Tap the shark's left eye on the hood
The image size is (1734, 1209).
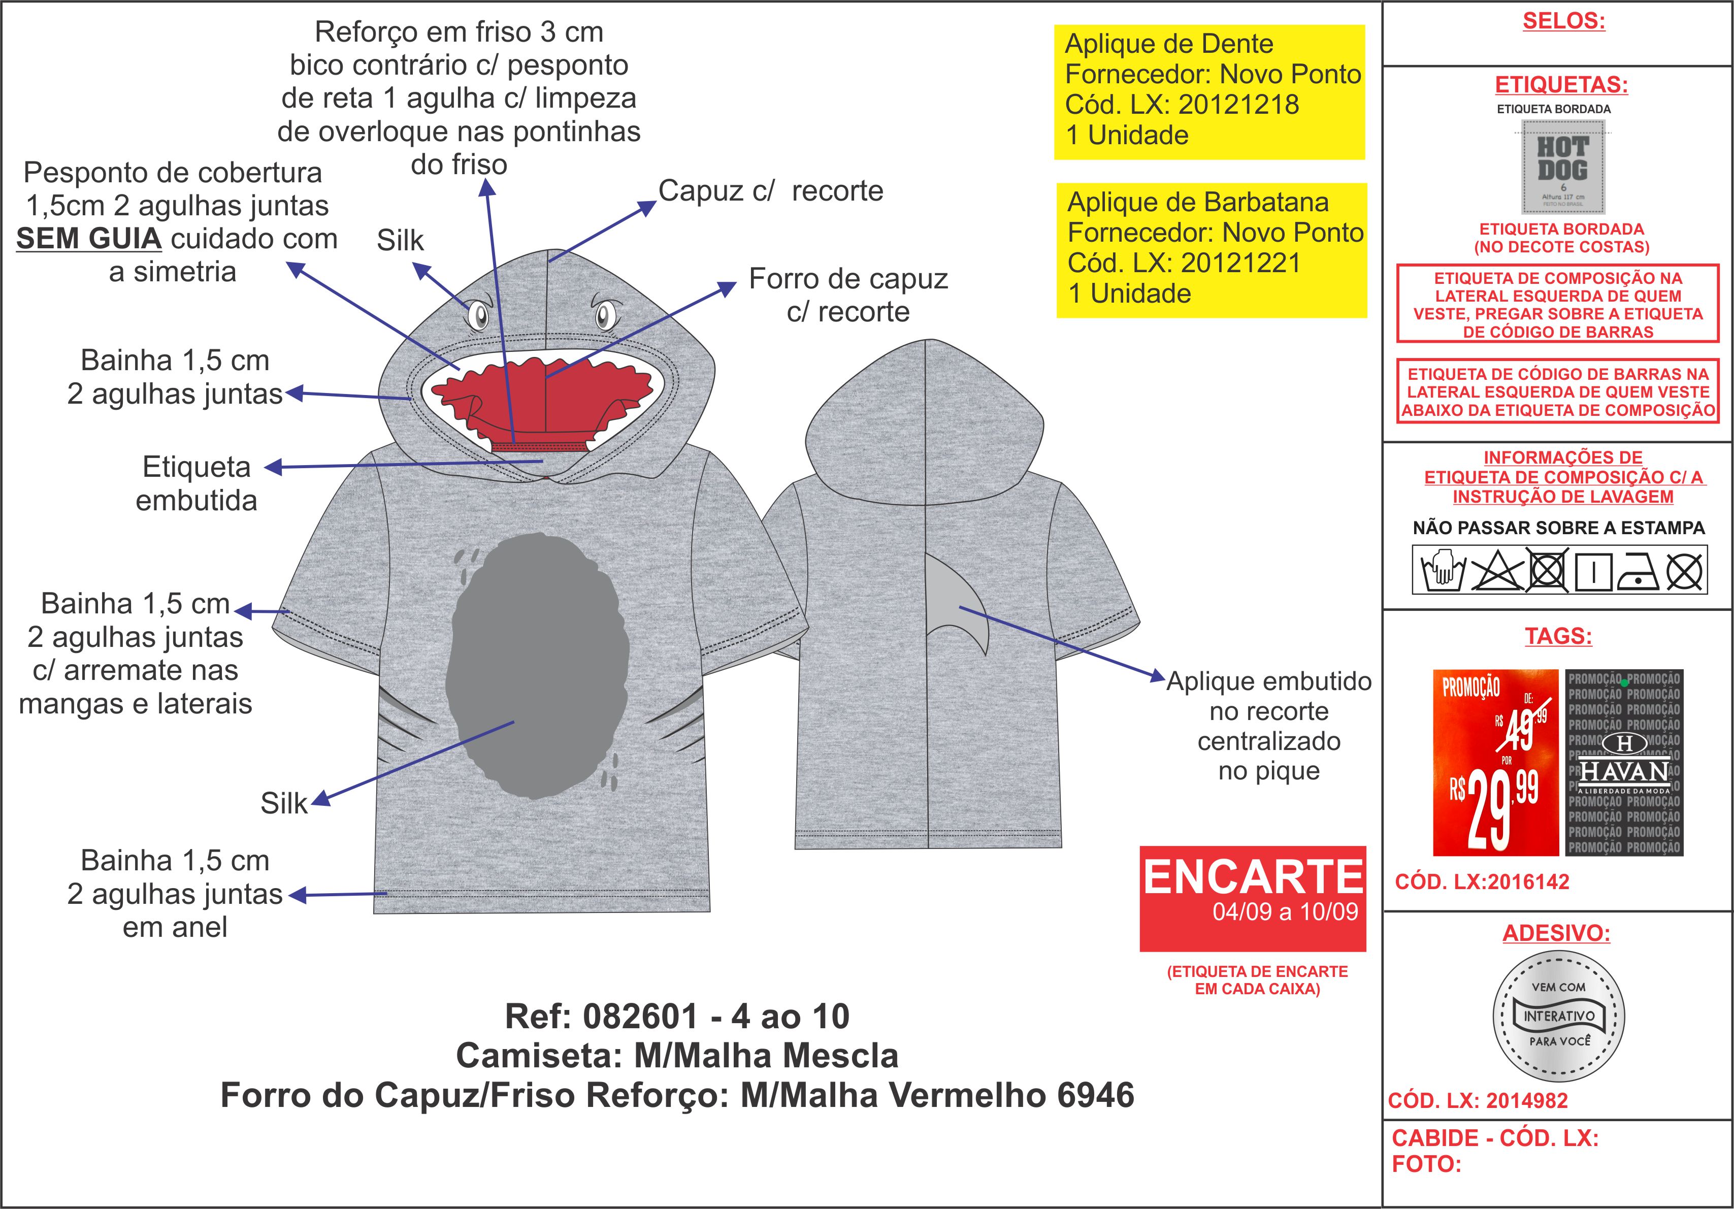tap(478, 314)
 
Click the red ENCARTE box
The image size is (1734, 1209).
tap(1253, 898)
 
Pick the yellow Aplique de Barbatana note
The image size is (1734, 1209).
tap(1212, 250)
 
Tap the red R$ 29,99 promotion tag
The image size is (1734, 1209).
tap(1495, 762)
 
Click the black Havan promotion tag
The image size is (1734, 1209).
tap(1624, 762)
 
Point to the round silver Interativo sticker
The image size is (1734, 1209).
tap(1559, 1016)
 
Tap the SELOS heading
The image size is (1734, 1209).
tap(1563, 21)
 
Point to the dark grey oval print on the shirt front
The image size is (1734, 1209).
tap(538, 665)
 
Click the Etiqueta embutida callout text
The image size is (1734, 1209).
tap(197, 483)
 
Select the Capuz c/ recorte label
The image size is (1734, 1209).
tap(770, 191)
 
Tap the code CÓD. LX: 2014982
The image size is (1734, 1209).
tap(1478, 1100)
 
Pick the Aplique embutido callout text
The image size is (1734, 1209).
tap(1269, 725)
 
